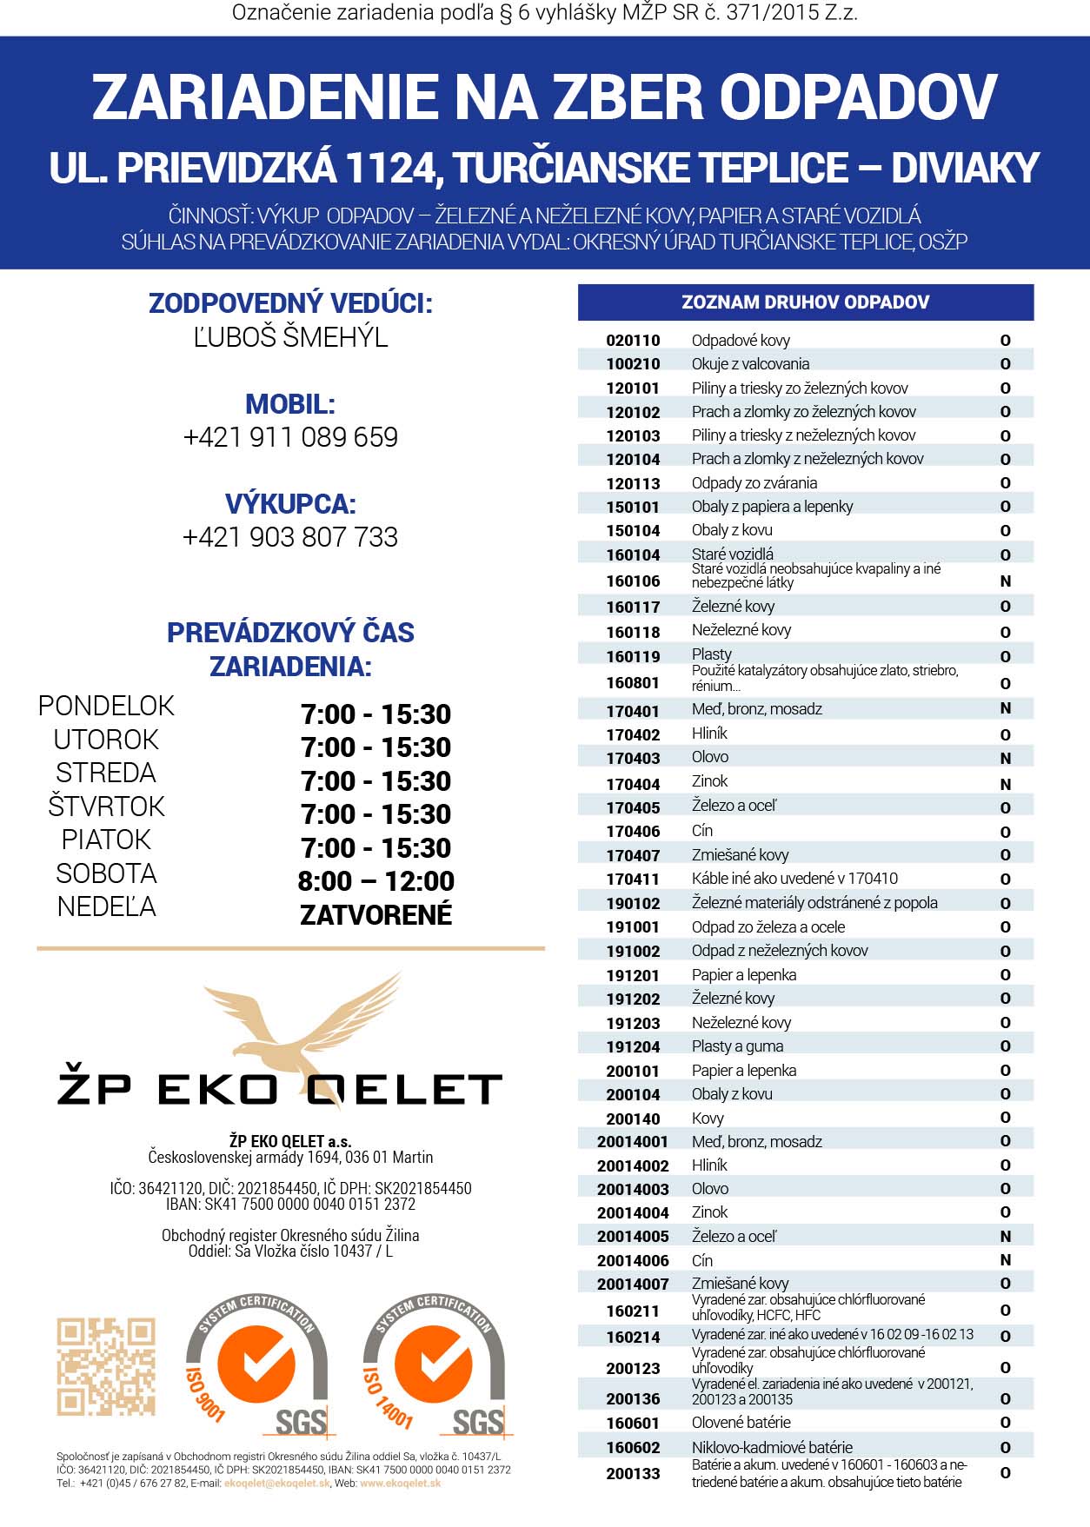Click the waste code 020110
point(633,341)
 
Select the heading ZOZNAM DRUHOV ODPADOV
point(805,302)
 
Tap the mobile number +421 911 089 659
point(290,437)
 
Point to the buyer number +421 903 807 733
point(290,537)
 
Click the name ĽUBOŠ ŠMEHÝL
point(290,337)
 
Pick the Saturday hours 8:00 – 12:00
point(376,881)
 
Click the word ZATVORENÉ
point(376,915)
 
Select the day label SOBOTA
point(106,873)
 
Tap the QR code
point(106,1366)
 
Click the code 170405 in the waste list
point(633,808)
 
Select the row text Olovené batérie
point(741,1423)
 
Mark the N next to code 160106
point(1006,581)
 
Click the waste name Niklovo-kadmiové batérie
point(772,1447)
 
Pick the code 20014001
point(633,1142)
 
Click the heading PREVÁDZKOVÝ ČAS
point(290,633)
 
